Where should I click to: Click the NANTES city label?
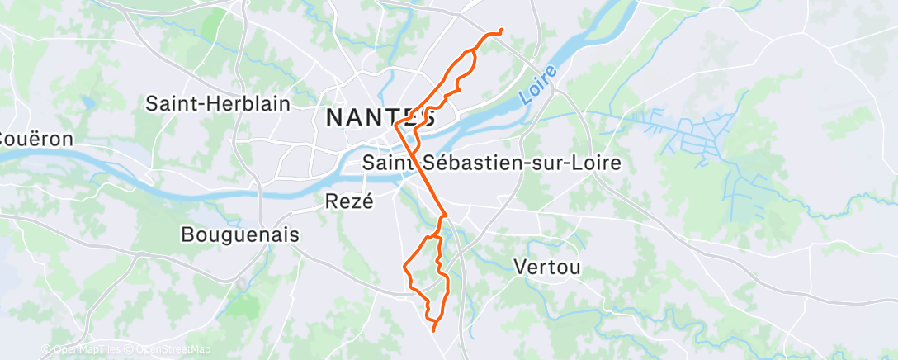tap(380, 117)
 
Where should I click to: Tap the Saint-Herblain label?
tap(218, 103)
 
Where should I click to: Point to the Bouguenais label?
tap(239, 235)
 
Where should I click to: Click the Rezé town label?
tap(350, 201)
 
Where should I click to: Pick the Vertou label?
tap(547, 267)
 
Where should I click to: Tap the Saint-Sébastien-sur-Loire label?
tap(492, 163)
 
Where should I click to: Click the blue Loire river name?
tap(539, 85)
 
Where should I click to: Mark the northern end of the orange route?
tap(502, 31)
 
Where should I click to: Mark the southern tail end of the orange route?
tap(434, 330)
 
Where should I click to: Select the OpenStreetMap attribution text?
tap(172, 350)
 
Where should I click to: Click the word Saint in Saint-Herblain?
tap(169, 103)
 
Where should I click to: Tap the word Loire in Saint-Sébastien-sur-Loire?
tap(598, 163)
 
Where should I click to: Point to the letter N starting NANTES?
tap(334, 117)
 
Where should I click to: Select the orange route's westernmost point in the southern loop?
tap(403, 267)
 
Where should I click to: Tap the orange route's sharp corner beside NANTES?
tap(396, 126)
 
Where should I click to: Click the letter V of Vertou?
tap(520, 267)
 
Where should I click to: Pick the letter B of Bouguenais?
tap(187, 235)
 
